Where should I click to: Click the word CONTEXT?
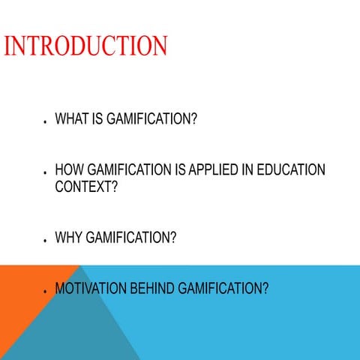click(x=86, y=186)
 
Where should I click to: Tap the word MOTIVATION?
click(x=89, y=288)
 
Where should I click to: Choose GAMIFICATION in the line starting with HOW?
click(x=127, y=170)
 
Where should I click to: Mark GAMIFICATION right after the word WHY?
click(x=131, y=238)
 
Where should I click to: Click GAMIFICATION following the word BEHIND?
click(x=223, y=288)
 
